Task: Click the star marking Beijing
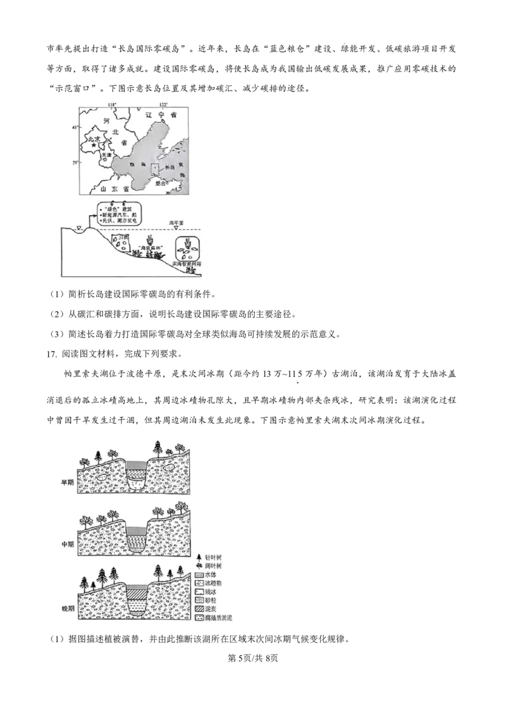(94, 145)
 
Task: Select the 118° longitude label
(113, 104)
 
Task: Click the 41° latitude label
(75, 128)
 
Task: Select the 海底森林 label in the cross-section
(149, 248)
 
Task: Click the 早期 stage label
(67, 482)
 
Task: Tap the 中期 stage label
(67, 543)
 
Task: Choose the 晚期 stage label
(67, 606)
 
